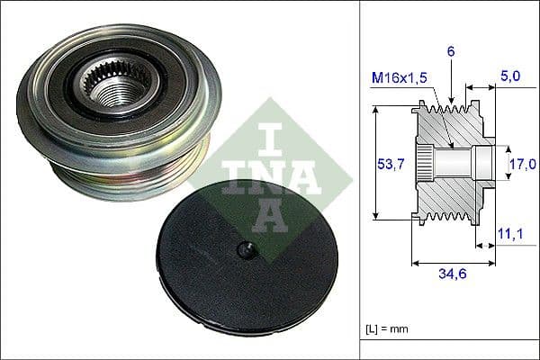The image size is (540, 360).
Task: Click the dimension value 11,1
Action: (x=509, y=234)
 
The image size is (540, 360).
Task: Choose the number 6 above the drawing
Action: (x=451, y=52)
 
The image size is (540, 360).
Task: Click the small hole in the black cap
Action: (x=242, y=250)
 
